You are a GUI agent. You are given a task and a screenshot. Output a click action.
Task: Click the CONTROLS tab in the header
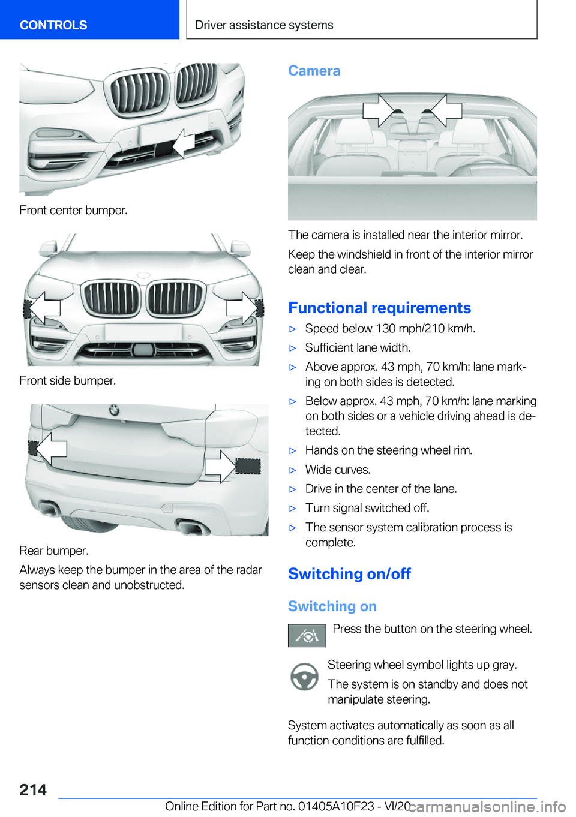pos(53,25)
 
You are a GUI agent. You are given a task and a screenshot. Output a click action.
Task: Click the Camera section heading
pos(314,71)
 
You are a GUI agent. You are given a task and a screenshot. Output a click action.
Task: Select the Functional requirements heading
pos(379,308)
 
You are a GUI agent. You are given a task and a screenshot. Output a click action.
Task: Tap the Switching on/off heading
pos(349,574)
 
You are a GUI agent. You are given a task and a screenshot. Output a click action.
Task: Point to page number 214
pos(33,790)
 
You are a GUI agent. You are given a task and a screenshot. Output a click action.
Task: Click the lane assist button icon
pos(307,635)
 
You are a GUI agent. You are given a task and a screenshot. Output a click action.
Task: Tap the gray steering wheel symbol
pos(304,677)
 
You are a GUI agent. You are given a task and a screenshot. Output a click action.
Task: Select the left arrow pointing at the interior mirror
pos(378,110)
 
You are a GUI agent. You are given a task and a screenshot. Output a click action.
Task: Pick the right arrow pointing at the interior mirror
pos(446,110)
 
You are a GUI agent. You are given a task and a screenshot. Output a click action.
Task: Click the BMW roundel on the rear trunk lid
pos(114,411)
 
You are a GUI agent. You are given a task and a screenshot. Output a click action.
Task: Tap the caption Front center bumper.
pos(73,210)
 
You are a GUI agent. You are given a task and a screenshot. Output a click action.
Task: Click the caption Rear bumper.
pos(54,551)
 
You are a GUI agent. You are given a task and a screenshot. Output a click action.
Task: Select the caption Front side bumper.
pos(68,380)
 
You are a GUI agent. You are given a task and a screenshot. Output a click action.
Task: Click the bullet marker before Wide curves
pos(293,470)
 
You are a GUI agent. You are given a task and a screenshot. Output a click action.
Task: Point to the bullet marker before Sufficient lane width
pos(293,348)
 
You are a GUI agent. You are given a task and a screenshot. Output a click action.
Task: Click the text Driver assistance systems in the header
pos(264,25)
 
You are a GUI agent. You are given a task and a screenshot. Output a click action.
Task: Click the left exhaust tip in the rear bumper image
pos(49,509)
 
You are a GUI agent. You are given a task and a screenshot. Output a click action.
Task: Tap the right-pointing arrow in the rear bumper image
pos(220,466)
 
